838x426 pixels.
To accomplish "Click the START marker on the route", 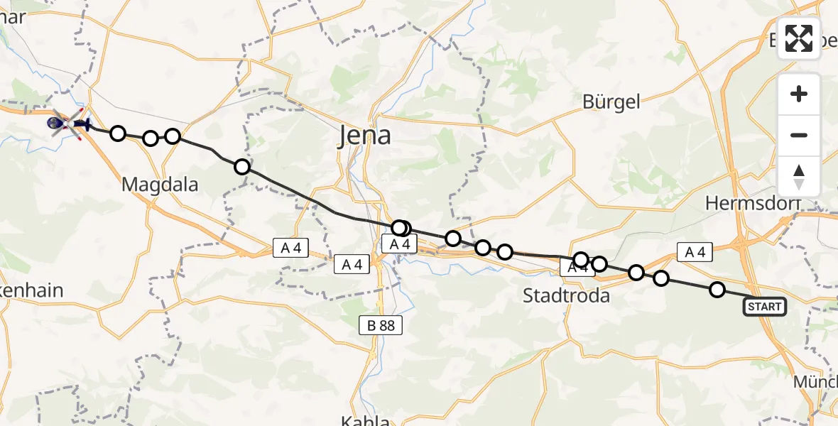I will (764, 307).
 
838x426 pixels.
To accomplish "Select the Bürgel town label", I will (611, 102).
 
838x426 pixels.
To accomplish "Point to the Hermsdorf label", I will (753, 203).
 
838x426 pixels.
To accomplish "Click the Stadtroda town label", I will (566, 295).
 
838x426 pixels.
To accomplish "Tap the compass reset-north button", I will (799, 177).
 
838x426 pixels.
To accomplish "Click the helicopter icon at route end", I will (57, 124).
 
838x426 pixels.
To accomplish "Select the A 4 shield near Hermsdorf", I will (695, 251).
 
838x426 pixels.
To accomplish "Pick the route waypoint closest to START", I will (717, 290).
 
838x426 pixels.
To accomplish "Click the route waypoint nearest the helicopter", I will (118, 133).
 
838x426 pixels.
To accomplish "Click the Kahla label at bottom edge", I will (365, 421).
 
